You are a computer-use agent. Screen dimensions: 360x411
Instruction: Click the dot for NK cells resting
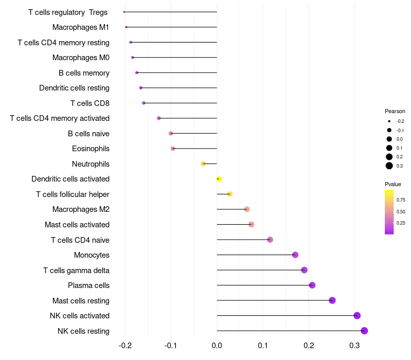coord(364,331)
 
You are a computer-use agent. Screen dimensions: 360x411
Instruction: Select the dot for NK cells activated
coord(357,316)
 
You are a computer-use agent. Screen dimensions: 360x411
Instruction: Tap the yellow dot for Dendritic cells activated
coord(219,179)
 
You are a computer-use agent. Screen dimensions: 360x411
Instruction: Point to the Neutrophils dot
coord(203,164)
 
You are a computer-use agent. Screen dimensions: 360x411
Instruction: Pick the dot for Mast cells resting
coord(332,300)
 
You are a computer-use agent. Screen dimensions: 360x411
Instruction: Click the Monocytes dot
coord(295,255)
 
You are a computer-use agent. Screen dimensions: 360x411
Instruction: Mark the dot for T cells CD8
coord(143,103)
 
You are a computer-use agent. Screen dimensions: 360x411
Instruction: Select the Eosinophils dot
coord(173,149)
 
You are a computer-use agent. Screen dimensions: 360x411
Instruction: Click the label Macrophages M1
coord(81,27)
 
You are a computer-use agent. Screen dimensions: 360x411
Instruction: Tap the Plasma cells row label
coord(88,285)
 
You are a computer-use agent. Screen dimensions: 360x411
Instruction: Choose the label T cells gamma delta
coord(76,271)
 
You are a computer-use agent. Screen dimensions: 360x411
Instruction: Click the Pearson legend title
coord(395,111)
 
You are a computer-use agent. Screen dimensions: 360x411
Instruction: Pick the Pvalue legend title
coord(393,184)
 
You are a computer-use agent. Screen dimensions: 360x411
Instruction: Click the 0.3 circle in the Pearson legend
coord(389,166)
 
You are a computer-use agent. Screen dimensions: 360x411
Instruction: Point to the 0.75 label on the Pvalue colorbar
coord(401,200)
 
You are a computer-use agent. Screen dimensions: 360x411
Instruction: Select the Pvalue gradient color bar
coord(389,212)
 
